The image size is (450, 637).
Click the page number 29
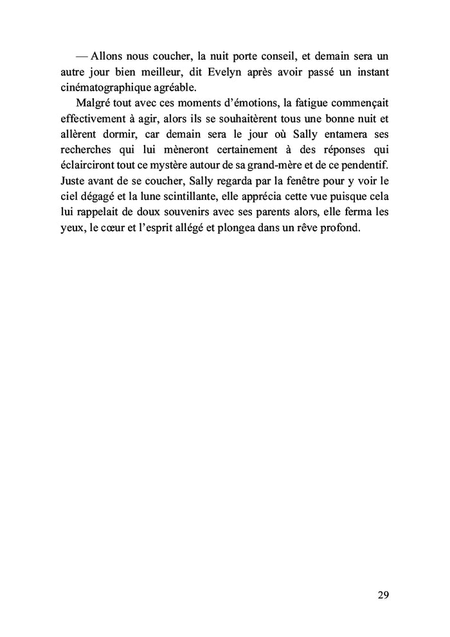pos(383,595)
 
